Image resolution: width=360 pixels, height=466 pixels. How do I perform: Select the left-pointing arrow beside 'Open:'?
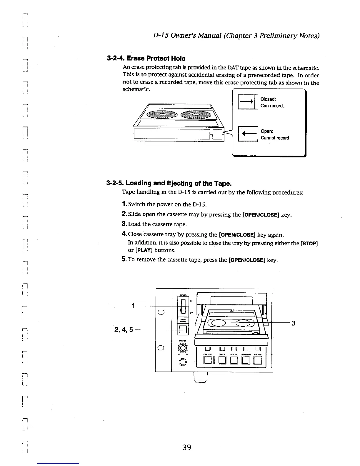pos(248,134)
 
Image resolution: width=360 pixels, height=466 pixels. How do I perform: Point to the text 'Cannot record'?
pos(275,138)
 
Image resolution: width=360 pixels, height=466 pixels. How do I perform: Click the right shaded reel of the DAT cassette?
pos(195,114)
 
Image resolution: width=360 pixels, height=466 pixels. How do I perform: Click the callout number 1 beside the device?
pos(133,306)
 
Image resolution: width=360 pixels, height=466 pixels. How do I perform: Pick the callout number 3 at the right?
pos(293,323)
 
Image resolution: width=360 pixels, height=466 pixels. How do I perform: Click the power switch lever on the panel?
pos(183,306)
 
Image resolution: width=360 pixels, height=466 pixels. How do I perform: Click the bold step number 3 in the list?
pos(124,224)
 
